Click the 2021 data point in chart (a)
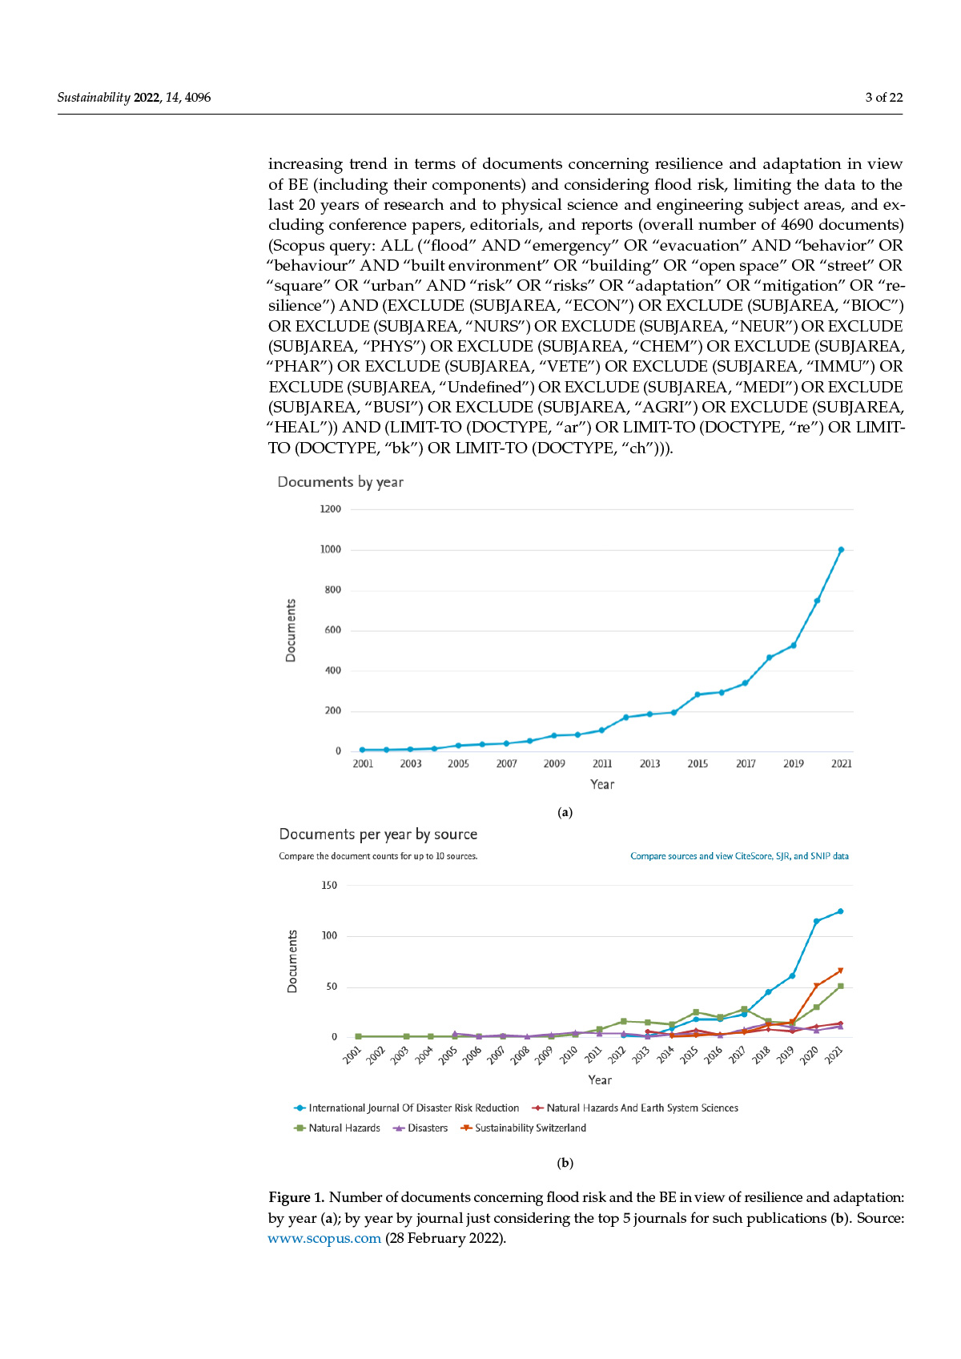click(x=841, y=549)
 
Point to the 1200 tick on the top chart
click(x=330, y=509)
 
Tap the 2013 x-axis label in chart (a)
click(x=649, y=764)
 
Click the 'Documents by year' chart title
click(x=340, y=482)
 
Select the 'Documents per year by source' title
click(x=378, y=834)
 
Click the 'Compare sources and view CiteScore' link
click(x=739, y=856)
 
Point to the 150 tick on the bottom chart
click(x=328, y=886)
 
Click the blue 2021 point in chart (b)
click(x=840, y=911)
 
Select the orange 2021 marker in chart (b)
click(x=840, y=971)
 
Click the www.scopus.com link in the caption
click(x=324, y=1238)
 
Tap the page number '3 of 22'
click(x=883, y=98)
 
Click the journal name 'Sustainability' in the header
click(x=94, y=98)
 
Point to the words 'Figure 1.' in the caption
click(x=296, y=1197)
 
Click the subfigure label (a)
click(x=565, y=812)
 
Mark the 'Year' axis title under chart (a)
click(x=602, y=785)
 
